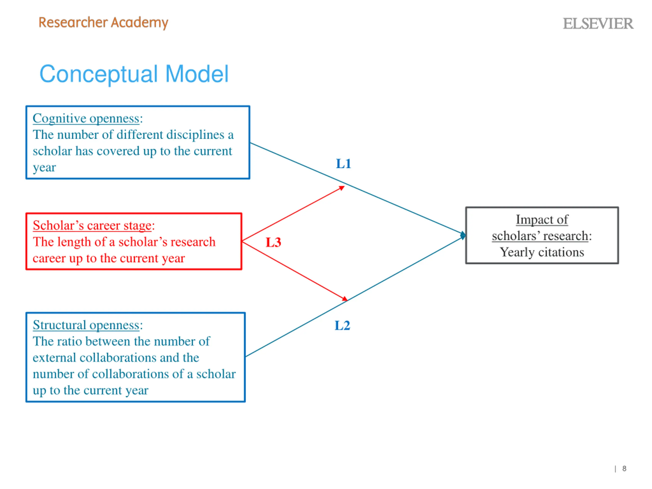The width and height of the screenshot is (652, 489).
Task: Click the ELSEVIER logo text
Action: [x=598, y=24]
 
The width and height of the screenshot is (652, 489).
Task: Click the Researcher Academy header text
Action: [x=103, y=23]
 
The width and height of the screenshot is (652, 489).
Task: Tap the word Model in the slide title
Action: [x=197, y=74]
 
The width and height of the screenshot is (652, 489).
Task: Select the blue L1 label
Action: [x=343, y=164]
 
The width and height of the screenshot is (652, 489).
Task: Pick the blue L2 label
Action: [x=342, y=325]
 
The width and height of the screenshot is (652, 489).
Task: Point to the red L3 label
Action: [x=273, y=242]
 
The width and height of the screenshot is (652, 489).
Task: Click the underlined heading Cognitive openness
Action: [x=86, y=118]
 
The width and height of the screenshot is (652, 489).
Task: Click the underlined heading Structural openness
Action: [x=86, y=325]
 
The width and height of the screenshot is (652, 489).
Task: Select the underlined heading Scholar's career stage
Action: [x=92, y=225]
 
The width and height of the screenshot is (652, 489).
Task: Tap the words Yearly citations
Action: [x=542, y=252]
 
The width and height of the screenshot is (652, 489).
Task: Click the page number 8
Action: [x=624, y=468]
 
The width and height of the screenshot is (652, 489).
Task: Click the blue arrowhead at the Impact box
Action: [x=463, y=235]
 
